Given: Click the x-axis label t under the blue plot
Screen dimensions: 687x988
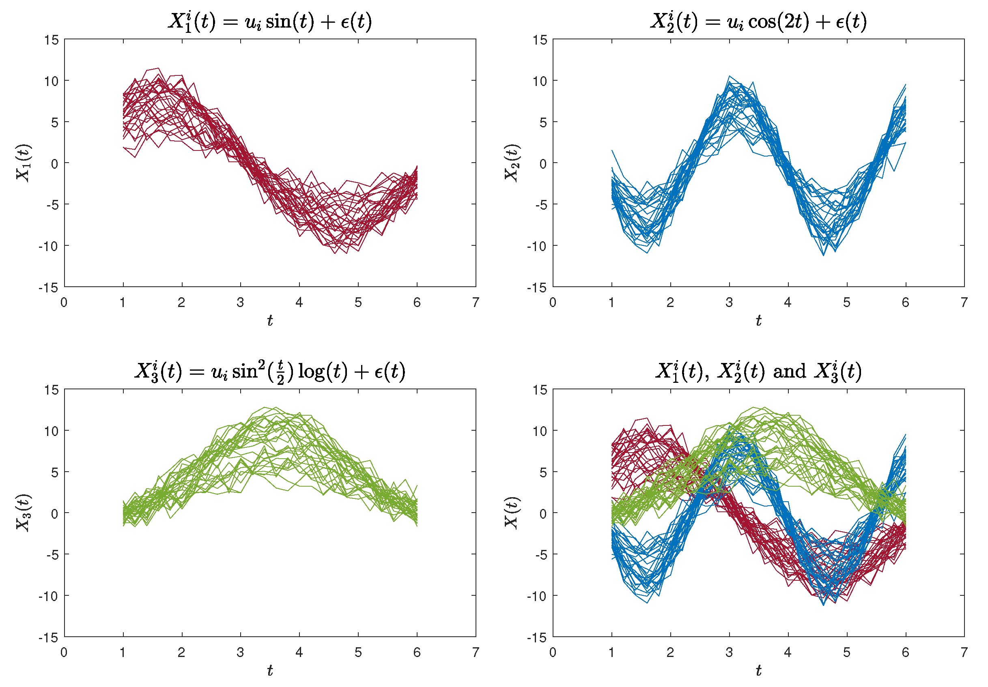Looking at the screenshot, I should [x=758, y=320].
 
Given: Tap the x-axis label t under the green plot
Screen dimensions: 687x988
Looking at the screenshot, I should [x=270, y=670].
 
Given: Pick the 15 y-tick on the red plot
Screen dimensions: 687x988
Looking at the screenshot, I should [x=51, y=40].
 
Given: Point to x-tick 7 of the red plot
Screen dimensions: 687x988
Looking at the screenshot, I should [x=476, y=303].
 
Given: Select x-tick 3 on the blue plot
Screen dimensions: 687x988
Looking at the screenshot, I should [x=729, y=303].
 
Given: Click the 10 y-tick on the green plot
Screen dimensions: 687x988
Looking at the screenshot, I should [x=51, y=431].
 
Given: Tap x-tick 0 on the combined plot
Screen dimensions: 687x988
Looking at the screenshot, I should [x=553, y=653].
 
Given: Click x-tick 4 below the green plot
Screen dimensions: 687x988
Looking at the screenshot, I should [x=299, y=653].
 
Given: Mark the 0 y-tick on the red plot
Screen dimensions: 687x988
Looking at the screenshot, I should [x=54, y=164].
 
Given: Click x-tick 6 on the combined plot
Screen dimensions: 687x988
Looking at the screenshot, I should [x=905, y=653].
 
